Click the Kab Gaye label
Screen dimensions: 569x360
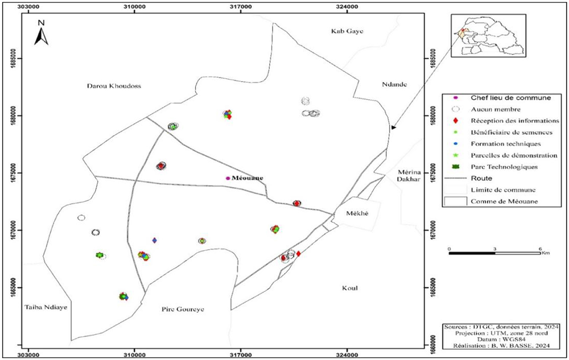pyautogui.click(x=347, y=31)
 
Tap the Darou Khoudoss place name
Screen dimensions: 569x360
pyautogui.click(x=114, y=86)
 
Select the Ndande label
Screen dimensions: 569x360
pyautogui.click(x=394, y=85)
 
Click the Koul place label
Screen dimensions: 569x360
pyautogui.click(x=351, y=288)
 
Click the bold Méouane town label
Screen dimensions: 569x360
pyautogui.click(x=247, y=178)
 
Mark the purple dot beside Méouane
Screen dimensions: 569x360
pyautogui.click(x=228, y=178)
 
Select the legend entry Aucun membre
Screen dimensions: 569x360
pyautogui.click(x=493, y=109)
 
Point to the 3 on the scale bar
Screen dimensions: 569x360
pyautogui.click(x=495, y=249)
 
